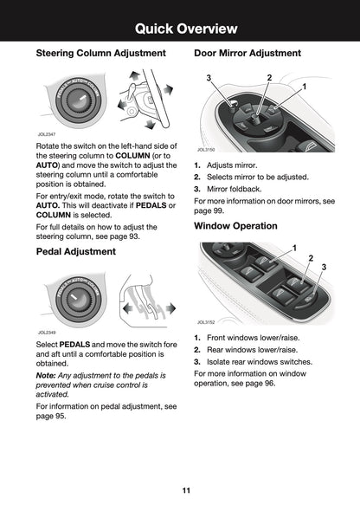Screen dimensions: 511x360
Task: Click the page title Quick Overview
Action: coord(180,29)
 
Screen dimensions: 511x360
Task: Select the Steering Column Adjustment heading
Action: coord(100,54)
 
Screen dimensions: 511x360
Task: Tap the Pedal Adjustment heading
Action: coord(75,252)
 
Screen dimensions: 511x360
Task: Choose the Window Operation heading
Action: coord(235,226)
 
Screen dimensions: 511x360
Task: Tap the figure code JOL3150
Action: coord(205,150)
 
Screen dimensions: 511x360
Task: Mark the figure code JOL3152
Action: coord(205,321)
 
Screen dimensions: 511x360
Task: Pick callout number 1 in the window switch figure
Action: coord(295,249)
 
